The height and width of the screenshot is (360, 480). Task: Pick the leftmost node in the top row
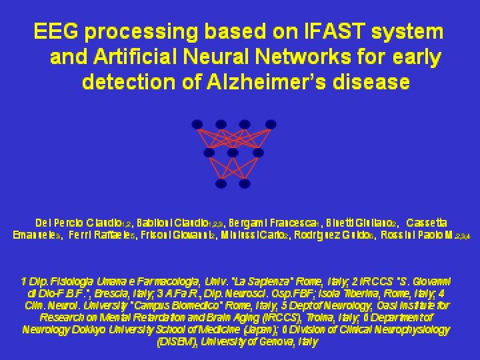[x=197, y=124]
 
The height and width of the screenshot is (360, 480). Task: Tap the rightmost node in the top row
[x=269, y=124]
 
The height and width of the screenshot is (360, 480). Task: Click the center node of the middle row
[x=233, y=153]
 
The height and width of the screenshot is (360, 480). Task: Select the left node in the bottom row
[x=221, y=182]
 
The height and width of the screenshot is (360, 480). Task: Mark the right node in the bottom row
[x=245, y=182]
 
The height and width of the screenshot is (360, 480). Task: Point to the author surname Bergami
[x=251, y=222]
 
